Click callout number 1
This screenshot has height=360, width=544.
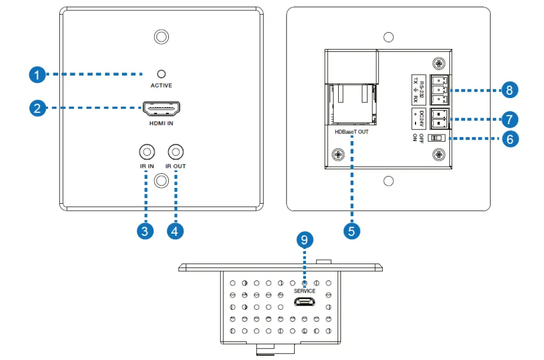[36, 75]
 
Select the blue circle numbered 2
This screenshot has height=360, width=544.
[36, 108]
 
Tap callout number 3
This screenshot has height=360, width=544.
[144, 231]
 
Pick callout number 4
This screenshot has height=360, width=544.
[175, 231]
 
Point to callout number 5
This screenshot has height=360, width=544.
[352, 231]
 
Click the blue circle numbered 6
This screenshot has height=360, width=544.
[509, 139]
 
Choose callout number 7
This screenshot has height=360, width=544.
[509, 118]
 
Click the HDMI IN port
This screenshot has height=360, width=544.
[161, 109]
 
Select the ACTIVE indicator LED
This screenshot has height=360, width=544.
[161, 74]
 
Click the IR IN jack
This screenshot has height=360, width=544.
[146, 151]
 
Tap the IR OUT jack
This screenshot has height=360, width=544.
[175, 151]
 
